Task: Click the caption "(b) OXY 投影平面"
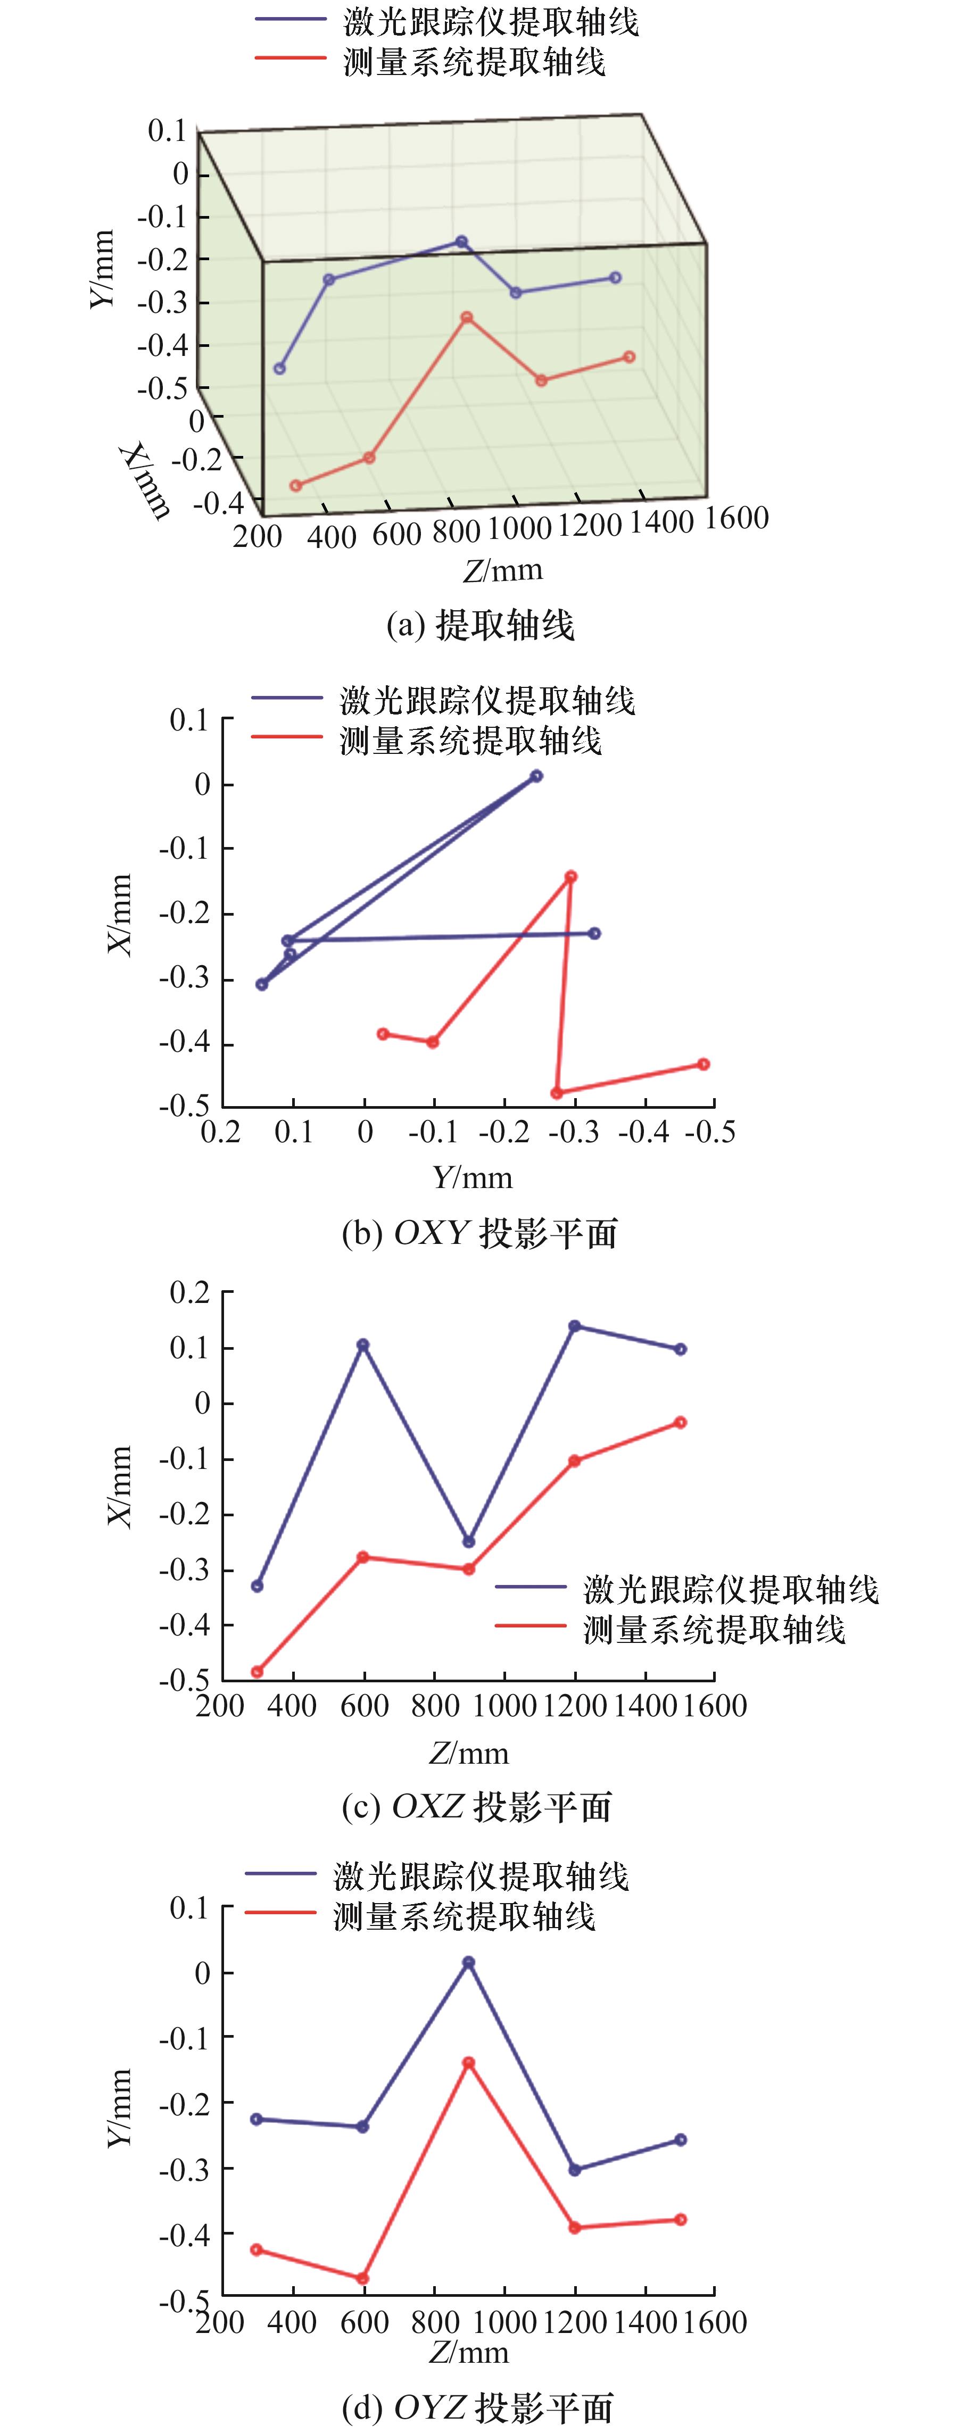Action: (480, 1233)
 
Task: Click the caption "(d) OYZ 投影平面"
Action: (478, 2406)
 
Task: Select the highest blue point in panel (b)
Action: (536, 776)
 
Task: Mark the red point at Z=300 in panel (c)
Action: (257, 1672)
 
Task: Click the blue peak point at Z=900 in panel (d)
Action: (468, 1963)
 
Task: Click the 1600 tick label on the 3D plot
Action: (737, 518)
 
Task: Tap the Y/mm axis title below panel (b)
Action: (472, 1178)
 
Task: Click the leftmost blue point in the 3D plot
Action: (279, 368)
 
